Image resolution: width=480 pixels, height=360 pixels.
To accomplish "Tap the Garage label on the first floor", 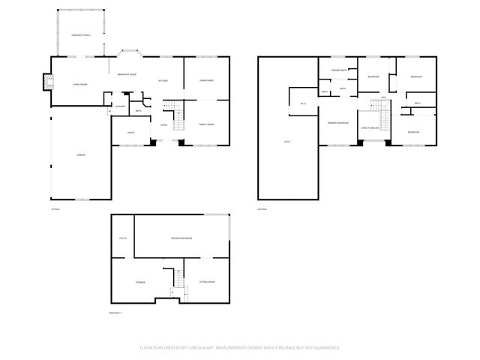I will click(80, 154).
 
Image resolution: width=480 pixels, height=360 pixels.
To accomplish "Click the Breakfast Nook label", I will click(126, 73).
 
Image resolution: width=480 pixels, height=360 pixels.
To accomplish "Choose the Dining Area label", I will click(206, 80).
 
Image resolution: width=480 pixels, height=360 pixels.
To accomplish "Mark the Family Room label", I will click(206, 124).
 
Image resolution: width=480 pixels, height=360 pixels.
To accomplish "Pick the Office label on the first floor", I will click(130, 133).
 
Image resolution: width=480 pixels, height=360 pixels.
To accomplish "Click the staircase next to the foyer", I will click(177, 116).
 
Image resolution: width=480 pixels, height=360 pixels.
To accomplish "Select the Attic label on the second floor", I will click(286, 141).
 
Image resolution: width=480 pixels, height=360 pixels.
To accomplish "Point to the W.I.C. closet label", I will click(304, 103).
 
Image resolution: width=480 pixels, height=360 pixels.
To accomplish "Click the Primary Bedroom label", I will click(337, 122).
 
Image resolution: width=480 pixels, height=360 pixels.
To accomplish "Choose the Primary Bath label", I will click(338, 70).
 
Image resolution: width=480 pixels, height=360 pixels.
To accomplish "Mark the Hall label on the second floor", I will click(383, 97).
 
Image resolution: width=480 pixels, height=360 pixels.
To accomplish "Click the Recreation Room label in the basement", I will click(181, 238).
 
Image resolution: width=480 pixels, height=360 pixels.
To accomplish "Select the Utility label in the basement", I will click(122, 238).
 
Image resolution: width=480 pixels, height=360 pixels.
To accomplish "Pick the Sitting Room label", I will click(207, 282).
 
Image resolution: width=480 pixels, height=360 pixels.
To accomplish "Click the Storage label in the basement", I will click(140, 282).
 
